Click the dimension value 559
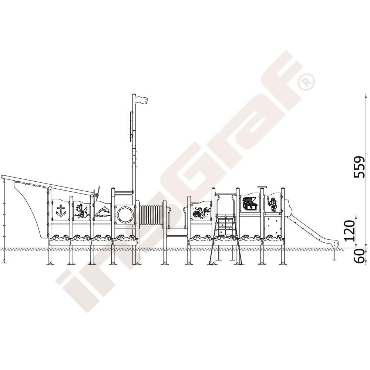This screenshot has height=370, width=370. tap(360, 166)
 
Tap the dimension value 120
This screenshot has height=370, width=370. tap(350, 231)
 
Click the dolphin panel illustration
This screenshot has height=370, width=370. tap(102, 211)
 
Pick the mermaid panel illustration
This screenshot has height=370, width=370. tap(201, 211)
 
